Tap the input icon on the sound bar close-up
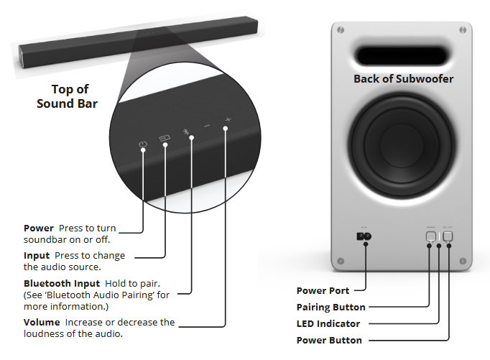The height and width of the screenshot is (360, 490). tap(165, 137)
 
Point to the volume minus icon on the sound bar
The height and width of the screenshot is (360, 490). tap(207, 126)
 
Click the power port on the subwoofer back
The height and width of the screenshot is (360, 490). tap(364, 236)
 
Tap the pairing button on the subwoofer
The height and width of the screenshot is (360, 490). tap(430, 236)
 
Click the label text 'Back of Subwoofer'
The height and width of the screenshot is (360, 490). tap(403, 79)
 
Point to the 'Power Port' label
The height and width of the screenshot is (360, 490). tap(323, 291)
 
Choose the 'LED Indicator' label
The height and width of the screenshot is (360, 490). tap(328, 324)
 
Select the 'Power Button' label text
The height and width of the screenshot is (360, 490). tap(329, 340)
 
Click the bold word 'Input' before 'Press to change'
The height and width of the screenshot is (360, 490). tap(37, 256)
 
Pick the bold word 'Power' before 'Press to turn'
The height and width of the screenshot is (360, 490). tap(39, 229)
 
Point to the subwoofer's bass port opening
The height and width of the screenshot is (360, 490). tap(402, 57)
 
